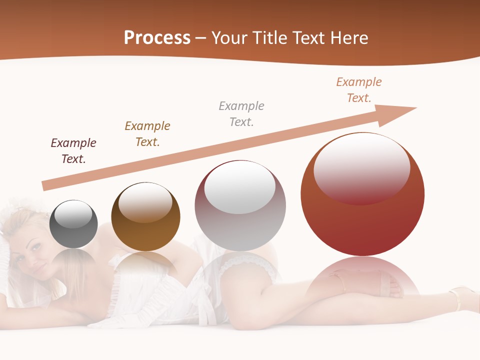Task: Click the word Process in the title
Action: click(157, 38)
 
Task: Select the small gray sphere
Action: click(73, 224)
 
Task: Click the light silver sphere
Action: click(240, 206)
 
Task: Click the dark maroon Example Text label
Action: click(73, 151)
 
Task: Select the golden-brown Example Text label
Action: click(147, 134)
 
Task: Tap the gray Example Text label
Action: click(241, 113)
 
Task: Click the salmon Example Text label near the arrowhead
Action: click(359, 90)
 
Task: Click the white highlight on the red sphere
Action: click(361, 167)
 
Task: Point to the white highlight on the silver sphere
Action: click(240, 186)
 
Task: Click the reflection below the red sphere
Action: click(362, 280)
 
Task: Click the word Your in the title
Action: click(229, 38)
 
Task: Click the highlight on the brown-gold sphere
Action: click(145, 202)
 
